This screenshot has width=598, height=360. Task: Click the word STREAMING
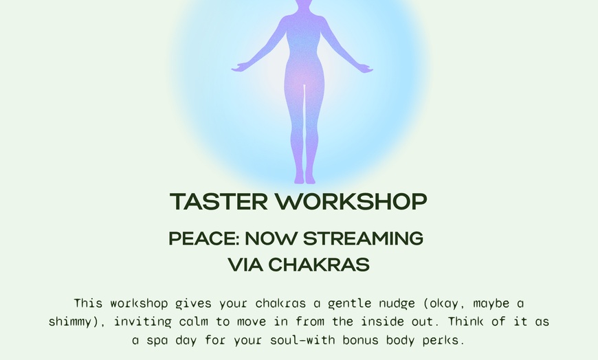(363, 238)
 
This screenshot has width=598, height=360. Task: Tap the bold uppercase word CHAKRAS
(319, 265)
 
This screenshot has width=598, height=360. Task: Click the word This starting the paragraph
(88, 303)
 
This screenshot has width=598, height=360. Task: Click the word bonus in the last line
(356, 340)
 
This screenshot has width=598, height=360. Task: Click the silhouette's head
(302, 5)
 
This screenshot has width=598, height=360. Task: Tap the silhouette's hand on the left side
(239, 68)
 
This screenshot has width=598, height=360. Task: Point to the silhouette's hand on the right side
(365, 68)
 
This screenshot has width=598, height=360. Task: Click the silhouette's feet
(304, 179)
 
